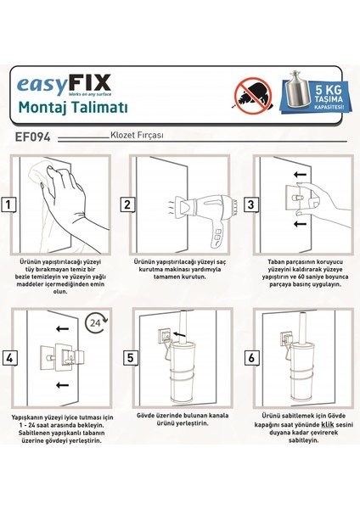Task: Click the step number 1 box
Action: (8, 204)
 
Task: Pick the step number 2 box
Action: (127, 204)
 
